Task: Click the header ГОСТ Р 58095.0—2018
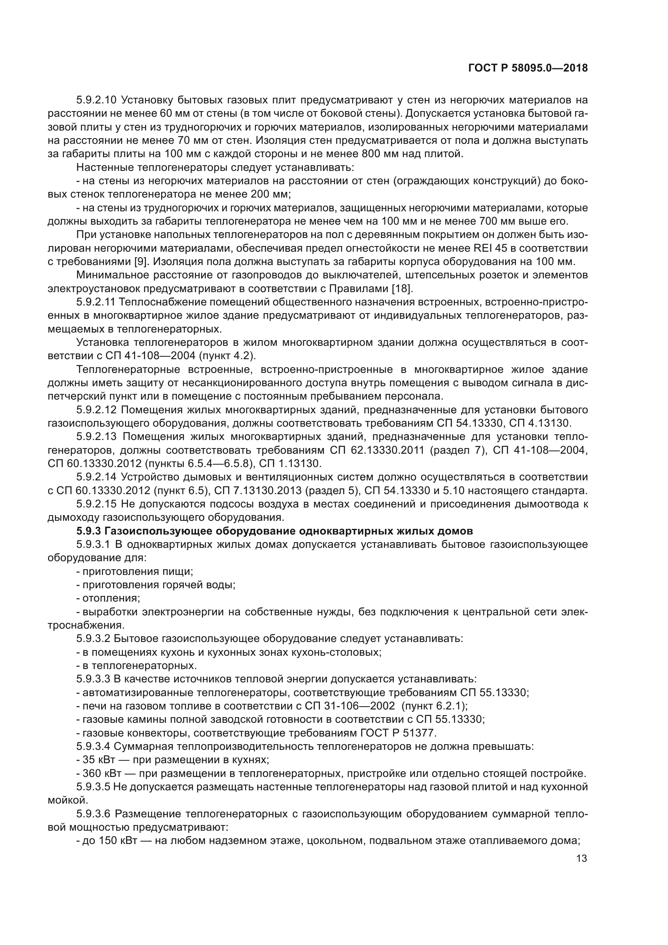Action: tap(528, 68)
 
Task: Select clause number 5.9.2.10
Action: tap(97, 100)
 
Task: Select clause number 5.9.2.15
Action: tap(97, 504)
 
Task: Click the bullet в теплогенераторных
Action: tap(139, 665)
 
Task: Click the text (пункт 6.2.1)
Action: tap(435, 706)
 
